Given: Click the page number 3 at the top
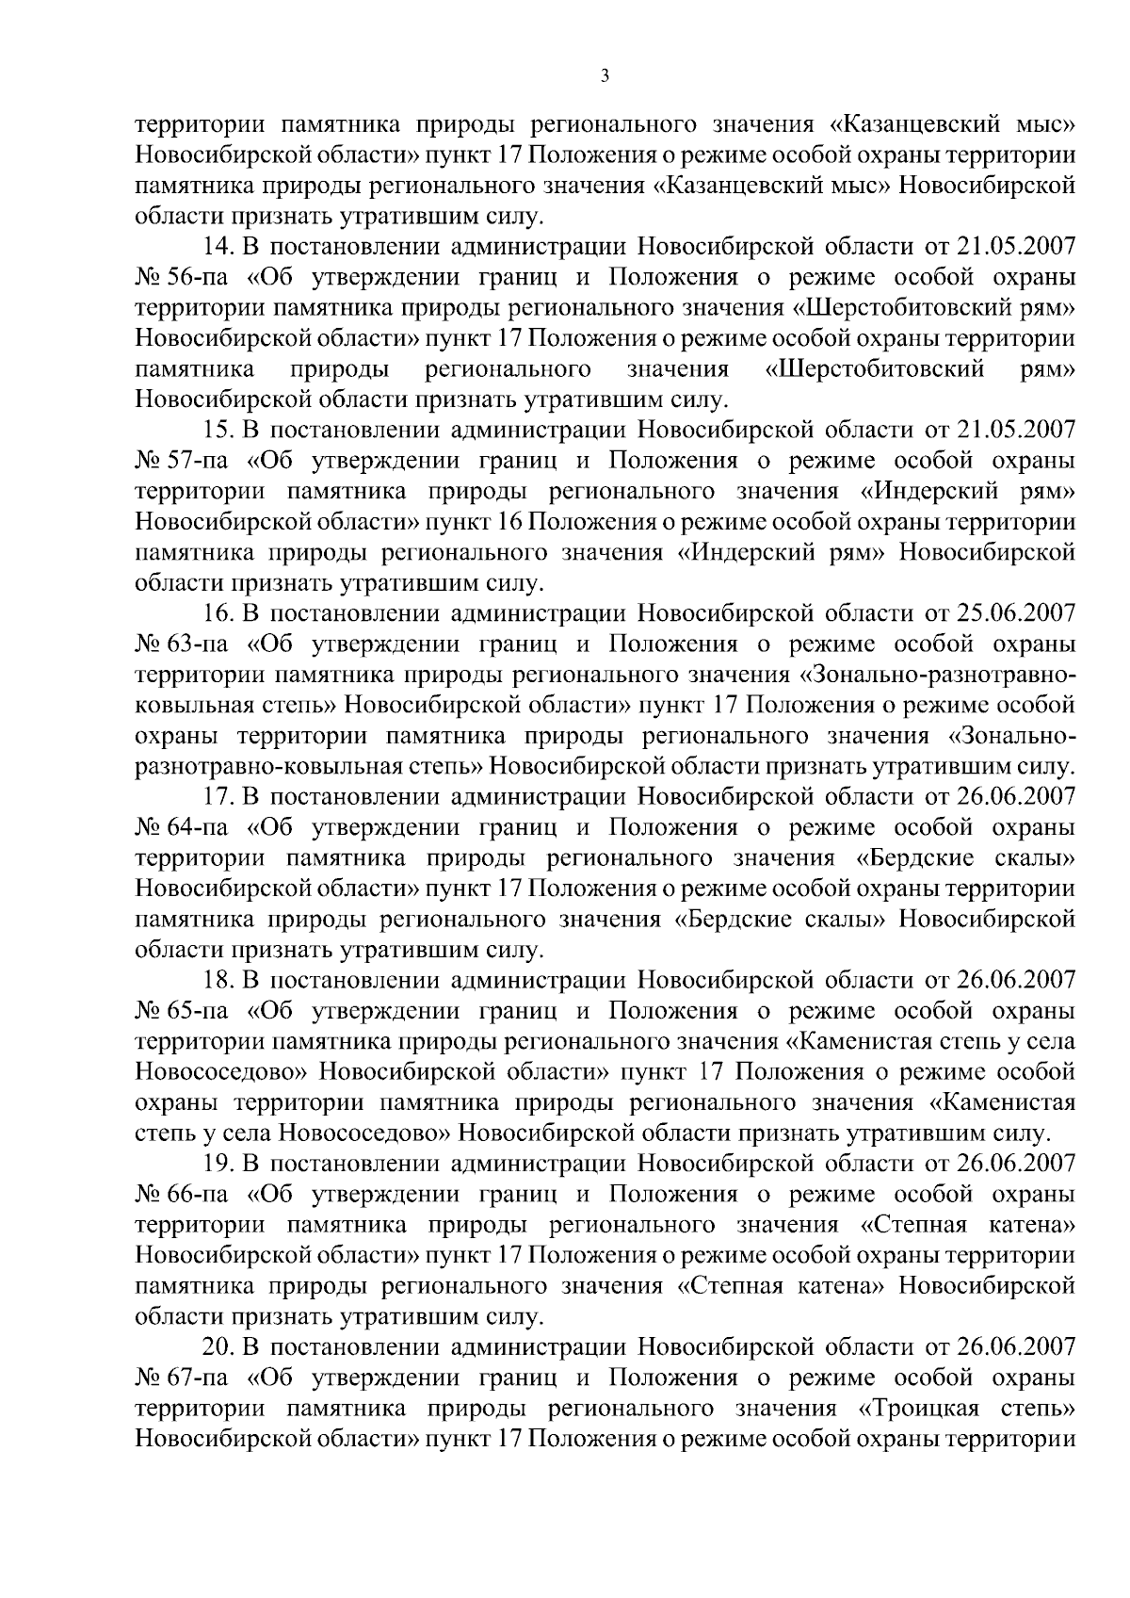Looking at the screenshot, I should click(604, 76).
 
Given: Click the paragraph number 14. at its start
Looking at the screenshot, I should click(218, 247).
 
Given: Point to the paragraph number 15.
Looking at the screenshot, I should click(218, 431).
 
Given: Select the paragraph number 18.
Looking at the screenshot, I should click(218, 981).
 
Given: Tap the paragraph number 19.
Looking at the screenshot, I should click(218, 1165).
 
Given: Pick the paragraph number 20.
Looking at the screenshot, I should click(219, 1348).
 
